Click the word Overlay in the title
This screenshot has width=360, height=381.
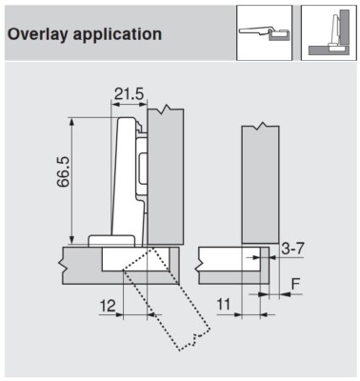point(39,34)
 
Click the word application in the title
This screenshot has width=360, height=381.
point(116,34)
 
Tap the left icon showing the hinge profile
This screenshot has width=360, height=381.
point(263,33)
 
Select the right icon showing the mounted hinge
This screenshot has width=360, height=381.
point(327,33)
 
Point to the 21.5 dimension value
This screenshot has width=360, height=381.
point(129,95)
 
